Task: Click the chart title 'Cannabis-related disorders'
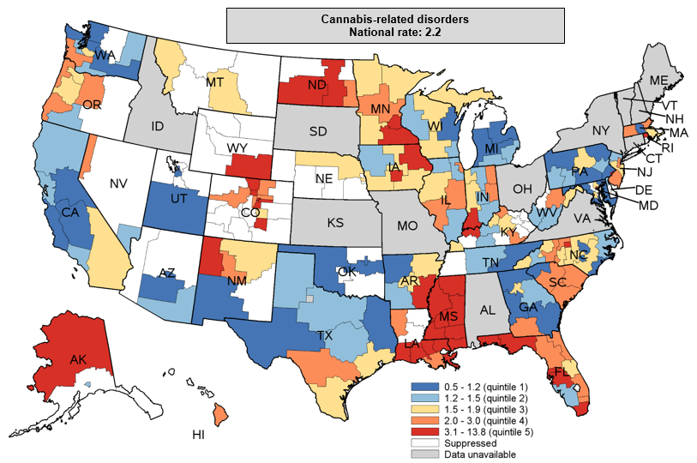(395, 19)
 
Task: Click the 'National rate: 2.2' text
(395, 33)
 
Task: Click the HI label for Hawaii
(198, 436)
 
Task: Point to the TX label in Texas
(324, 335)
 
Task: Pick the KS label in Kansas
(335, 222)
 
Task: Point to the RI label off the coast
(666, 147)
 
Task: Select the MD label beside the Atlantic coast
(649, 206)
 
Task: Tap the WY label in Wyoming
(237, 148)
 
